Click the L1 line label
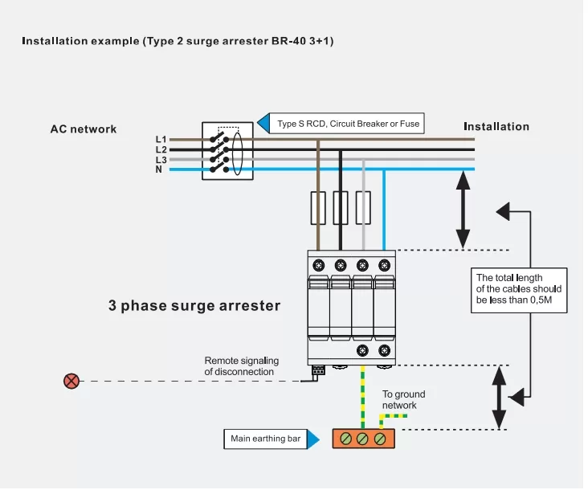point(161,140)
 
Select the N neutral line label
point(159,169)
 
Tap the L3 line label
point(161,160)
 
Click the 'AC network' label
point(84,129)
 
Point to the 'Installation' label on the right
point(496,126)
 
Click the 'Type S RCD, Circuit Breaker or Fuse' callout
point(347,124)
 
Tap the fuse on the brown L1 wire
point(318,208)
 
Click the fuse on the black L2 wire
point(341,208)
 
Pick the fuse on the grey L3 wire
point(363,208)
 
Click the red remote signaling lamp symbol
point(71,381)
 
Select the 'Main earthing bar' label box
point(265,439)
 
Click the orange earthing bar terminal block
point(362,439)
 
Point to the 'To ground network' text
point(403,400)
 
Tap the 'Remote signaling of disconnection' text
point(239,366)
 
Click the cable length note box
point(519,291)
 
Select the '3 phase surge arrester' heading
point(194,306)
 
